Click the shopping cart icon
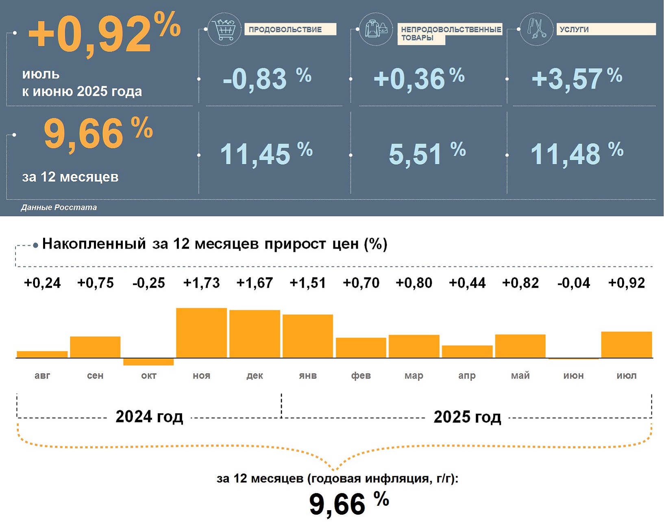click(224, 29)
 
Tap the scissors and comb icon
click(536, 29)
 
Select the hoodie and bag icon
click(376, 29)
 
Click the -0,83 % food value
click(267, 78)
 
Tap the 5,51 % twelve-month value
click(427, 154)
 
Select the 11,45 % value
click(266, 154)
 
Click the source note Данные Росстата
click(59, 208)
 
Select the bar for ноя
click(201, 333)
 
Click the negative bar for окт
click(148, 362)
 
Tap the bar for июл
click(626, 345)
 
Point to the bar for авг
click(42, 354)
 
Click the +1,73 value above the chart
click(201, 283)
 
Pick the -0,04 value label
click(573, 283)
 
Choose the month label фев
click(361, 376)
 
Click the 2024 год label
click(149, 417)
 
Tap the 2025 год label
click(467, 417)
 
